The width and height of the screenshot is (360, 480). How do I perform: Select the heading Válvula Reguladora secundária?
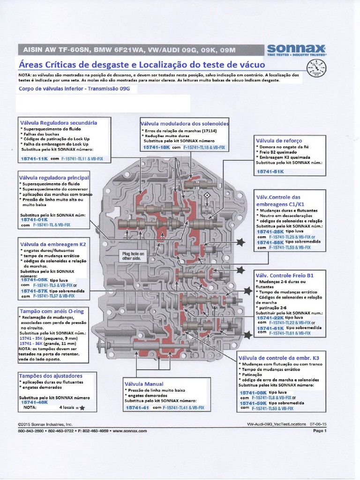point(58,122)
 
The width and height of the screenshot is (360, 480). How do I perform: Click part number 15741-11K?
point(34,159)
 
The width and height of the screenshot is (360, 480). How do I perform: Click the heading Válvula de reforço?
point(279,141)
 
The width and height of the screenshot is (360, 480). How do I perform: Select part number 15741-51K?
point(270,172)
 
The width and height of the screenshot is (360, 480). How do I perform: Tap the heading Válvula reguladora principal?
point(54,178)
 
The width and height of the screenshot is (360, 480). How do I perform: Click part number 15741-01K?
point(34,219)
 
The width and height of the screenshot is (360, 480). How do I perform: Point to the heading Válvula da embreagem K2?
point(52,244)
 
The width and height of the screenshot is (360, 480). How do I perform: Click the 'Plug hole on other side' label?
point(134,255)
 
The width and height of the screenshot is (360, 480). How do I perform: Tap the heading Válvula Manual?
point(143,384)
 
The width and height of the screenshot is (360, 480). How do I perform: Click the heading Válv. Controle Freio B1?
point(284,275)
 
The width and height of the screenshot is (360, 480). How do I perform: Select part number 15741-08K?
point(253,392)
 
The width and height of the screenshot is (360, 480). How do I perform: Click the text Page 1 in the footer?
point(319,430)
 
